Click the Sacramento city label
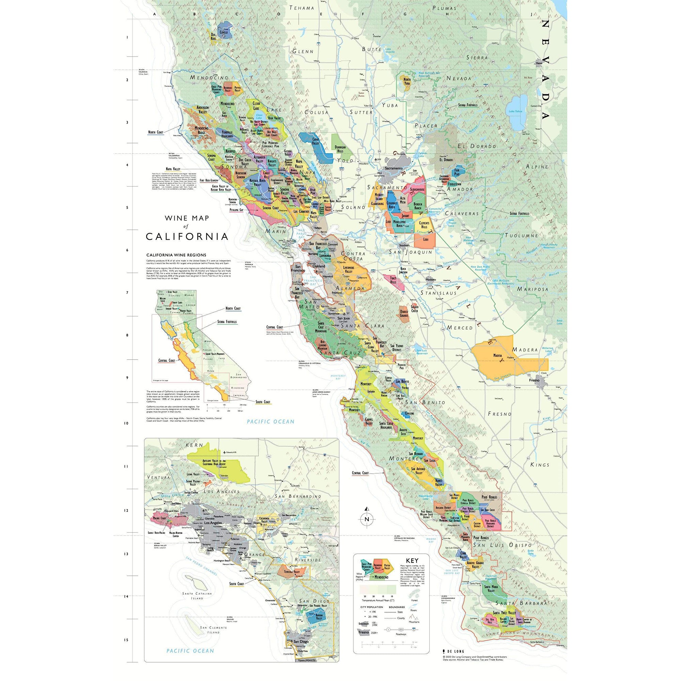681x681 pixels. tap(393, 168)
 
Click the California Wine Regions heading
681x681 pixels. tap(176, 255)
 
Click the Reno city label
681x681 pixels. tap(539, 63)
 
